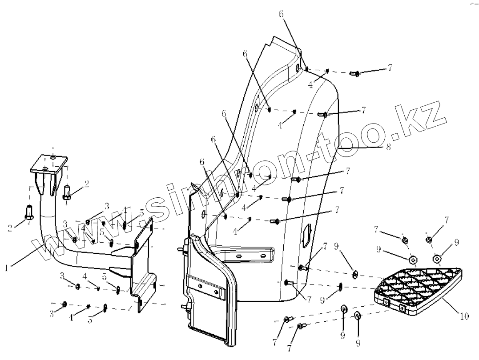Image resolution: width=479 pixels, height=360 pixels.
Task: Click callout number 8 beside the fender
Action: click(388, 147)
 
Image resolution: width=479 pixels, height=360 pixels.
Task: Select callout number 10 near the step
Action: click(464, 316)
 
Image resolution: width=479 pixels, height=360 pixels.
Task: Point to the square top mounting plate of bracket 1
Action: click(49, 164)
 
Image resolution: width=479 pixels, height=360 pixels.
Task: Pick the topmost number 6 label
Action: click(281, 14)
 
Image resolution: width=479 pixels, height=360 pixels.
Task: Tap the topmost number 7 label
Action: click(390, 68)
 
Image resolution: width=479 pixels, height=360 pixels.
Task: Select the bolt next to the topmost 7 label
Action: click(355, 73)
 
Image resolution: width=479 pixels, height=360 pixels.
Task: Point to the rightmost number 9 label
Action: click(456, 243)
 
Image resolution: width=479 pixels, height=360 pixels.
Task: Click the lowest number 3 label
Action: click(52, 314)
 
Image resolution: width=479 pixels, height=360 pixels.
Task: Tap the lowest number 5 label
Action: click(90, 320)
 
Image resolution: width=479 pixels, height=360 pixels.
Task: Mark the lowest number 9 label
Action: click(358, 343)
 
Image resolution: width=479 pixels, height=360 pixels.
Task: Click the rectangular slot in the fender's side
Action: click(306, 236)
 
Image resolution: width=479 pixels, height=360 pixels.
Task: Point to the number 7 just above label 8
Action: click(363, 109)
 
